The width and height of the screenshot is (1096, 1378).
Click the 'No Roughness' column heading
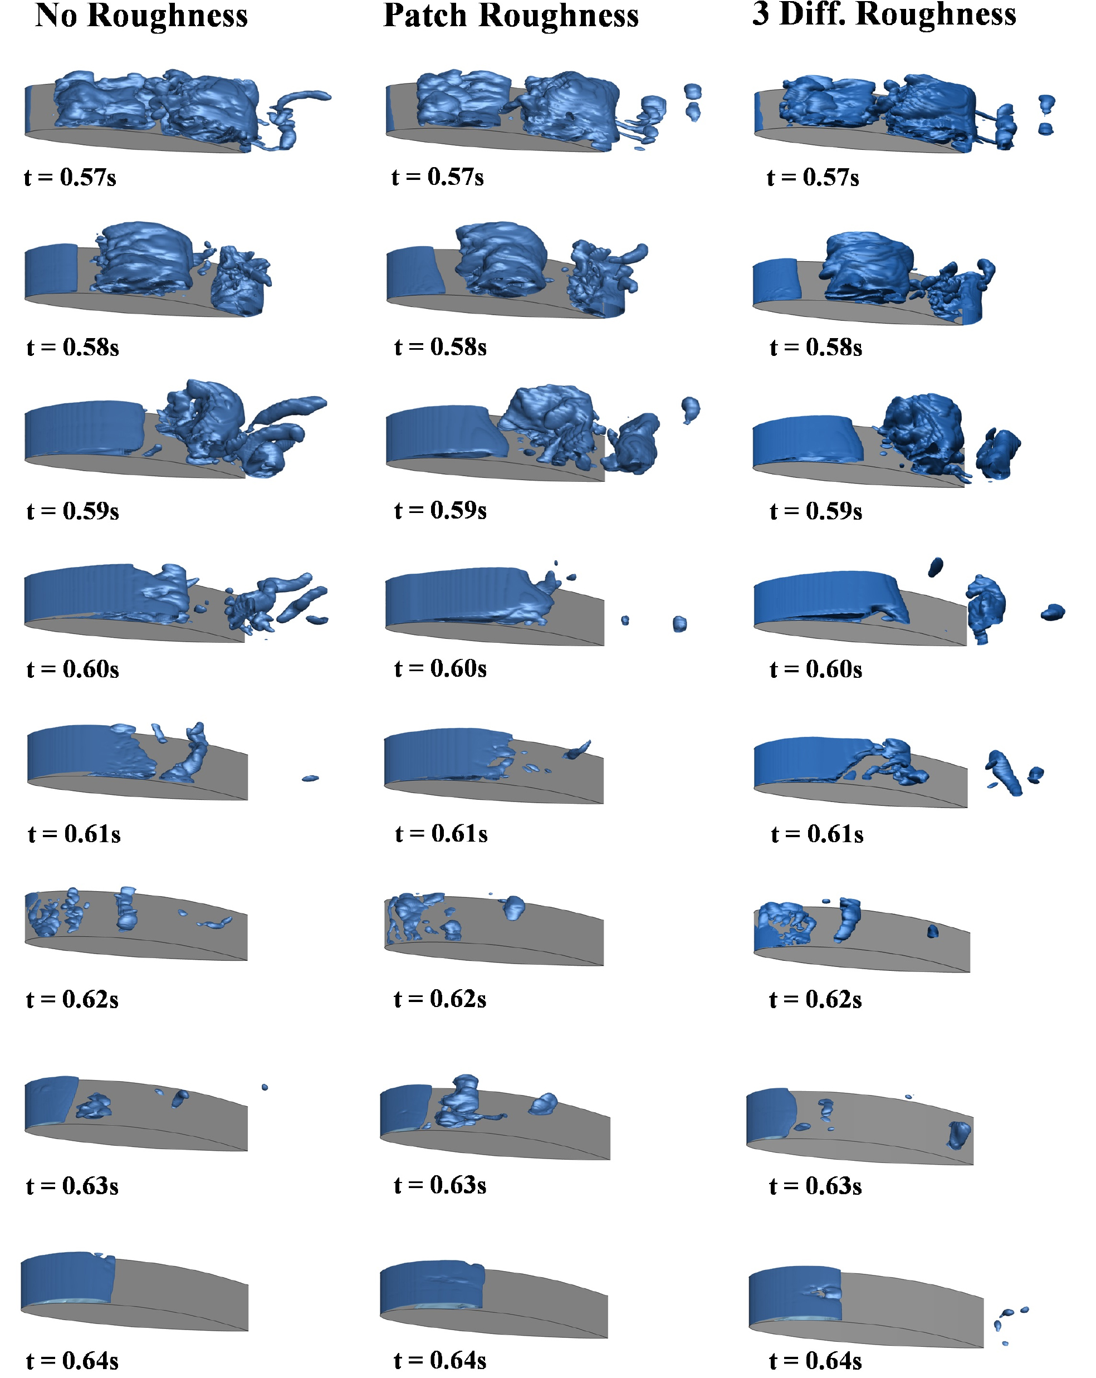point(141,17)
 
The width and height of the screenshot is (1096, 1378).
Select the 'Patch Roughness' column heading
point(511,17)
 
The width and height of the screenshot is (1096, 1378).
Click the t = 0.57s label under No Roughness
point(70,177)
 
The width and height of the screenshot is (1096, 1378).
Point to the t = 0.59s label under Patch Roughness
point(441,510)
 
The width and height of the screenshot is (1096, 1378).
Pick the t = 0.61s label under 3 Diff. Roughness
point(818,834)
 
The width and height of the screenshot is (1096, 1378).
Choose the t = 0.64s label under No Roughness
point(72,1361)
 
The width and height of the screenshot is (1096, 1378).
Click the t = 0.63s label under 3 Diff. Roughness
point(815,1186)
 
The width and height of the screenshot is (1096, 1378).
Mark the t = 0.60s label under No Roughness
point(73,669)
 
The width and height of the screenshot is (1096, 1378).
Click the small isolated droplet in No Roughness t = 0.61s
point(310,778)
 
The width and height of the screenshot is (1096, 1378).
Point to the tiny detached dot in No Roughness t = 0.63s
point(265,1087)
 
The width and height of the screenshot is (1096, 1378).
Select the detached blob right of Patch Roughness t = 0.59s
point(690,408)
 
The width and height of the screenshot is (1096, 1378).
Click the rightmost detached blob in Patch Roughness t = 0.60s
point(680,624)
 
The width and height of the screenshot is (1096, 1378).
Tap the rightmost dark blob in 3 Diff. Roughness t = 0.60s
point(1053,612)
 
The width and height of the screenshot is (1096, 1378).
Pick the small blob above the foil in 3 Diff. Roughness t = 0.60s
point(936,566)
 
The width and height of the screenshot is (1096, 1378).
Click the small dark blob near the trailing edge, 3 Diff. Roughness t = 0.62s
point(932,931)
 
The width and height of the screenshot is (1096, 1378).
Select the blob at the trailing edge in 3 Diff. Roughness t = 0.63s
point(959,1135)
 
